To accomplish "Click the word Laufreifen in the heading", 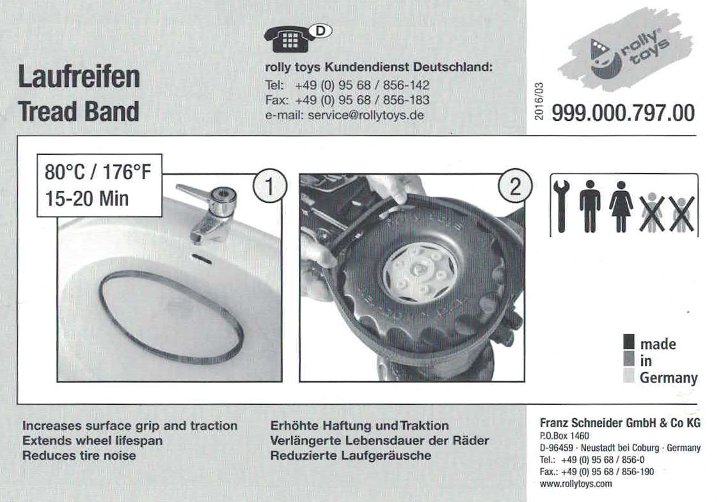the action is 79,76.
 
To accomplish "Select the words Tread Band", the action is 79,111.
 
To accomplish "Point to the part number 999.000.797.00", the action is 623,113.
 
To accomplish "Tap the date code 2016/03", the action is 539,102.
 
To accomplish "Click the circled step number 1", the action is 270,187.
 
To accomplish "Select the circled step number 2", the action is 515,187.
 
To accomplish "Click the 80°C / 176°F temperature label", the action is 97,173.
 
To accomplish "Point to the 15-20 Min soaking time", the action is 86,199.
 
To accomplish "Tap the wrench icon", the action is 561,205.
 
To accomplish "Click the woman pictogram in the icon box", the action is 621,206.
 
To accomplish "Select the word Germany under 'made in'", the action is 669,378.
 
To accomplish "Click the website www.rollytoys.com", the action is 576,483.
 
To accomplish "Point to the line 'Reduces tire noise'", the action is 79,455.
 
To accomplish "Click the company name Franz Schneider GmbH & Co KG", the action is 620,423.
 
